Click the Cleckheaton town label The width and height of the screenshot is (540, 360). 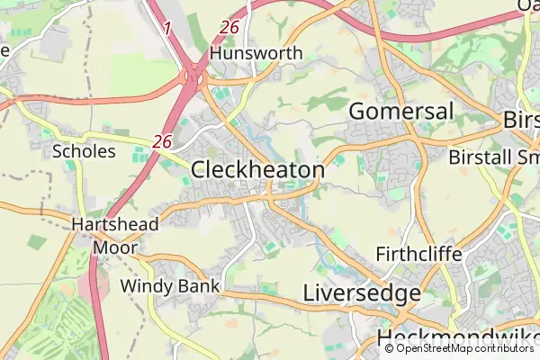click(258, 170)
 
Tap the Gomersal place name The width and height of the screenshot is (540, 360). click(400, 112)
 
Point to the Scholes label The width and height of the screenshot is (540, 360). click(85, 151)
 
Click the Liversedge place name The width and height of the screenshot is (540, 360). click(362, 293)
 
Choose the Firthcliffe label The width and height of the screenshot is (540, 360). click(419, 255)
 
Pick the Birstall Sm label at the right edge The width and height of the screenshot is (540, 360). click(493, 157)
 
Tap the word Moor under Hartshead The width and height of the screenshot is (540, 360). click(116, 246)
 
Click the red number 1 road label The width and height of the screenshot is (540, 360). click(166, 30)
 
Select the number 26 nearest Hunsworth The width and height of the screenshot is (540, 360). click(229, 28)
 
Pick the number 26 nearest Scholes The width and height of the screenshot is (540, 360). click(162, 141)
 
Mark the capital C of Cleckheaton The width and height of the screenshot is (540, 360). click(201, 170)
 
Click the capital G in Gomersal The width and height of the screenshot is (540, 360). click(357, 112)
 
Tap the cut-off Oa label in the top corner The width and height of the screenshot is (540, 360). click(529, 5)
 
